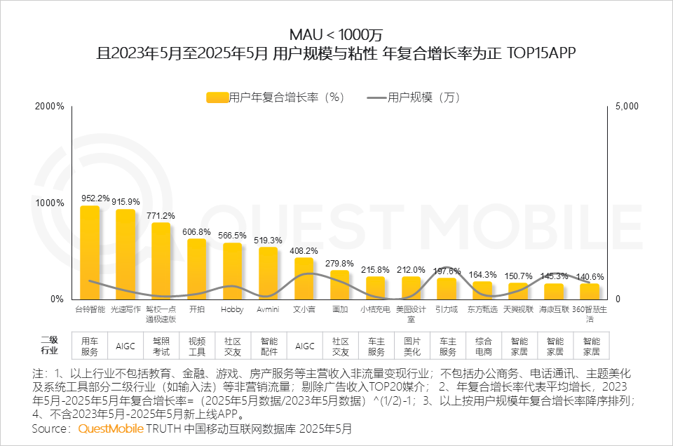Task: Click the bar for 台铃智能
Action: pyautogui.click(x=90, y=252)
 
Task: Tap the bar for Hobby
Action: pyautogui.click(x=232, y=271)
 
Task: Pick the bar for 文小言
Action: pyautogui.click(x=304, y=278)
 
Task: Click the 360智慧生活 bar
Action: pyautogui.click(x=590, y=291)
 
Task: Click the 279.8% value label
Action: pyautogui.click(x=339, y=263)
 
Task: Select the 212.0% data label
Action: pyautogui.click(x=411, y=269)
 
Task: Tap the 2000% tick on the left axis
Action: pyautogui.click(x=50, y=107)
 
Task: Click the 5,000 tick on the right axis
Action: pyautogui.click(x=627, y=107)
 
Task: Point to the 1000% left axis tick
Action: pyautogui.click(x=50, y=203)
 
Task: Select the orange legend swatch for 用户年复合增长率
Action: pyautogui.click(x=217, y=97)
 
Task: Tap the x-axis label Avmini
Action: pyautogui.click(x=268, y=309)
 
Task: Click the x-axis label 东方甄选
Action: pyautogui.click(x=482, y=309)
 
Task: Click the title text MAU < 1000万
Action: pyautogui.click(x=336, y=34)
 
